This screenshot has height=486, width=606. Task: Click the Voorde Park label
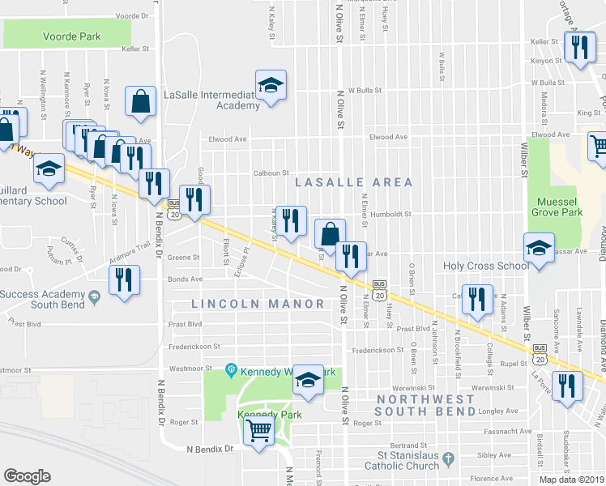point(68,36)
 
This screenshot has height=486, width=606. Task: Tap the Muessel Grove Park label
point(557,207)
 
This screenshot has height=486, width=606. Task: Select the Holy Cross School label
point(486,266)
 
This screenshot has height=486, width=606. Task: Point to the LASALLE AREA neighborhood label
point(353,182)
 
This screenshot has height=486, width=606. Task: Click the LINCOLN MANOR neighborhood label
point(258,304)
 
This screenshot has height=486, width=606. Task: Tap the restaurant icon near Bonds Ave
point(123,280)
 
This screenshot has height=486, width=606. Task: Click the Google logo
point(27,476)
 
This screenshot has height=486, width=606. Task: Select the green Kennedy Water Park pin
point(231,371)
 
